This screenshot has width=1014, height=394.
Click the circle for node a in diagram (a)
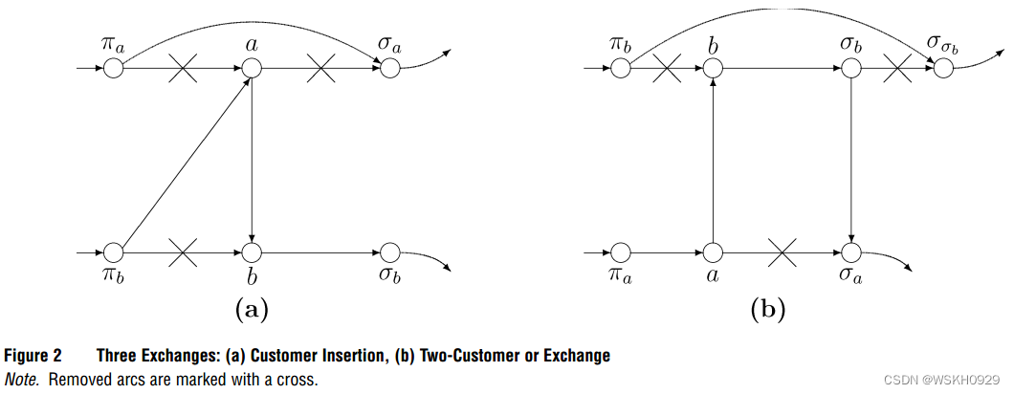[x=251, y=68]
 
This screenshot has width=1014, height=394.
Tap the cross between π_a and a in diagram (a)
[x=182, y=68]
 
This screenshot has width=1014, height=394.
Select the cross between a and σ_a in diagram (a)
[x=320, y=68]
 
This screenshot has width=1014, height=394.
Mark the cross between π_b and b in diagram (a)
[x=182, y=252]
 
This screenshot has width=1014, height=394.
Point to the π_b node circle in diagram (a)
[x=114, y=252]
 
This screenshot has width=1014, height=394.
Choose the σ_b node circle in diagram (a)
[x=388, y=252]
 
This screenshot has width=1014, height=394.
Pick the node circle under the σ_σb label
[x=944, y=68]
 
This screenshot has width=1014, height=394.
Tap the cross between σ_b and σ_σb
[x=897, y=68]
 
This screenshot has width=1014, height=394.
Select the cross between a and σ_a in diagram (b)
[x=783, y=252]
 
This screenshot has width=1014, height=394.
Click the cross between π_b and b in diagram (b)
[x=667, y=68]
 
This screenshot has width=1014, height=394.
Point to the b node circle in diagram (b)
[x=713, y=68]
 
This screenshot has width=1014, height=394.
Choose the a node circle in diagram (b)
[x=713, y=252]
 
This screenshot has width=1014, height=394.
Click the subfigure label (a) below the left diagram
[x=251, y=308]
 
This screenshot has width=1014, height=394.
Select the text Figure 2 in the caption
[x=34, y=356]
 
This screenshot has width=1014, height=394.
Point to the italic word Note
[x=22, y=379]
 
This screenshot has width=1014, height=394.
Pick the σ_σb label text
[x=943, y=43]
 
